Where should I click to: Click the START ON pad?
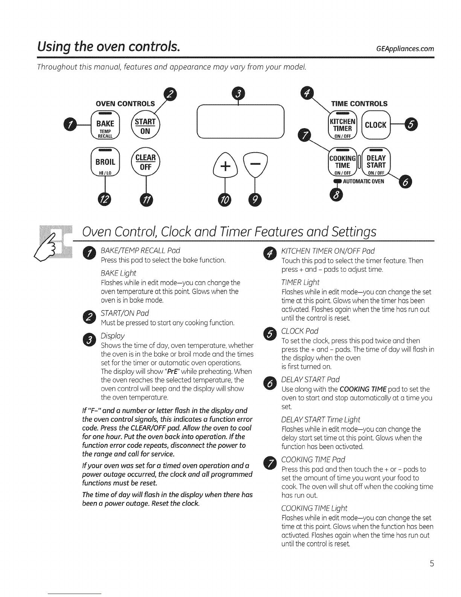point(145,126)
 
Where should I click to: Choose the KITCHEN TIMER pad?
point(342,125)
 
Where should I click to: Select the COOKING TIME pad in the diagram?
point(342,163)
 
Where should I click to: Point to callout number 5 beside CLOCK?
point(410,125)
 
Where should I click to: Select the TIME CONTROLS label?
point(359,104)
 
